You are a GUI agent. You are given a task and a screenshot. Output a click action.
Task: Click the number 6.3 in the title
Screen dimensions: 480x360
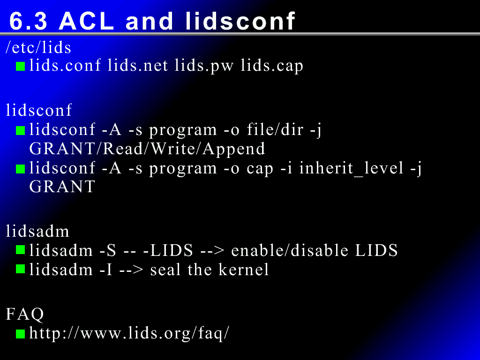point(28,21)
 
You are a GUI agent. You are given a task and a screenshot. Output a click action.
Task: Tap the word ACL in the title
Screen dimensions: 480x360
point(86,21)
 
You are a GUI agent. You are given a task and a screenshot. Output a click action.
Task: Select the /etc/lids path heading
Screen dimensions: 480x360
point(38,47)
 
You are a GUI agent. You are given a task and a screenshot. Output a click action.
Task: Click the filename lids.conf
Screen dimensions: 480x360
point(65,65)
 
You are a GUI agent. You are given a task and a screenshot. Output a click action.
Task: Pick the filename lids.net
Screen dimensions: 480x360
point(138,65)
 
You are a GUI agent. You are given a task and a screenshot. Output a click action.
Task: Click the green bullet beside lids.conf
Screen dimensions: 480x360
point(20,67)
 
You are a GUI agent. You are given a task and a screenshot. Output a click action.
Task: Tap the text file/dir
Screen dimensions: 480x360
point(275,129)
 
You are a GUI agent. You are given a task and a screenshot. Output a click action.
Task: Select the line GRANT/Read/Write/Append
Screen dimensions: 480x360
point(147,149)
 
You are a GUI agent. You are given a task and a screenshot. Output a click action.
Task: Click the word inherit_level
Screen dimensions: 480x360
point(352,168)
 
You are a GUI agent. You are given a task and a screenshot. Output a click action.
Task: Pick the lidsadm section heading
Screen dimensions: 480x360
point(37,231)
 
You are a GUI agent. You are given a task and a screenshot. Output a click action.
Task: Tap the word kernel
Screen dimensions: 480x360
point(244,270)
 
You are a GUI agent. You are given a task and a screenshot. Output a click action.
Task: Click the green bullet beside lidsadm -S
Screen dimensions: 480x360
point(20,250)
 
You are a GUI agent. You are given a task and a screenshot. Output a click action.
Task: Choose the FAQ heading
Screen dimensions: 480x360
point(25,314)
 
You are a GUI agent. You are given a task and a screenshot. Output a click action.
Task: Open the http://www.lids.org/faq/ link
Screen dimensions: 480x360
point(129,333)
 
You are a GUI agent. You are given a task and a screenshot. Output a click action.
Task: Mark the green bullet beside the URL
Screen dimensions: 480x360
point(20,334)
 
